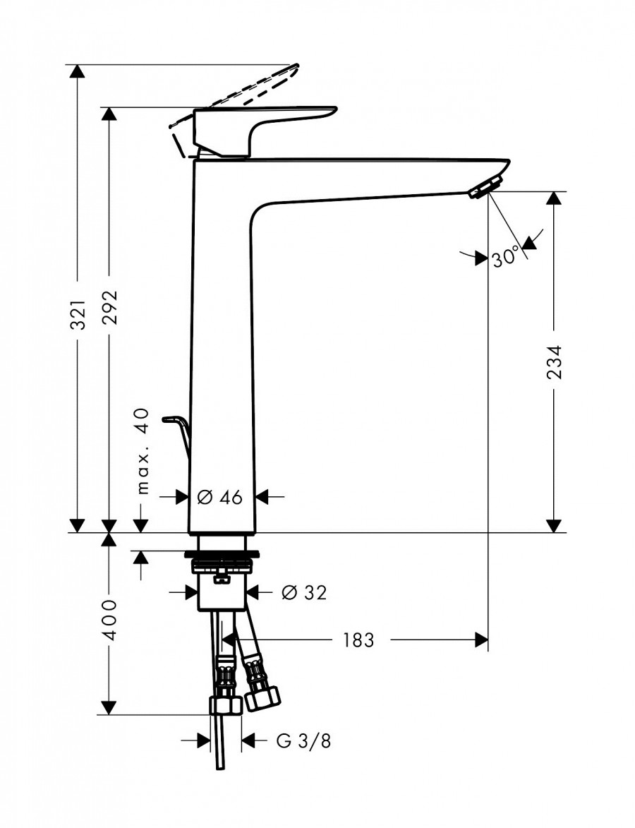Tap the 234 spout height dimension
pos(555,361)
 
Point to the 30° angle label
pos(505,258)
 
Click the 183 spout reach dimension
pos(358,640)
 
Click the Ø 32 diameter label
pos(304,593)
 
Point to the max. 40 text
pos(143,450)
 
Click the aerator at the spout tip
pos(483,188)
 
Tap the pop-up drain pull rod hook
pos(176,426)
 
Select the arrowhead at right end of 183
pos(481,640)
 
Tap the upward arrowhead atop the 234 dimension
pos(555,198)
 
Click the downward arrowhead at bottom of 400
pos(109,707)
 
